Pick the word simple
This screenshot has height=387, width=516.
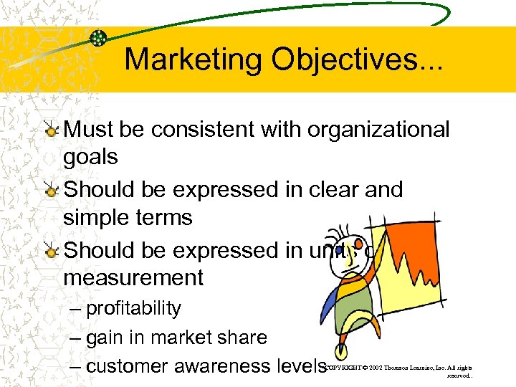(x=97, y=218)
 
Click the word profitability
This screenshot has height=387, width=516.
(x=133, y=309)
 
